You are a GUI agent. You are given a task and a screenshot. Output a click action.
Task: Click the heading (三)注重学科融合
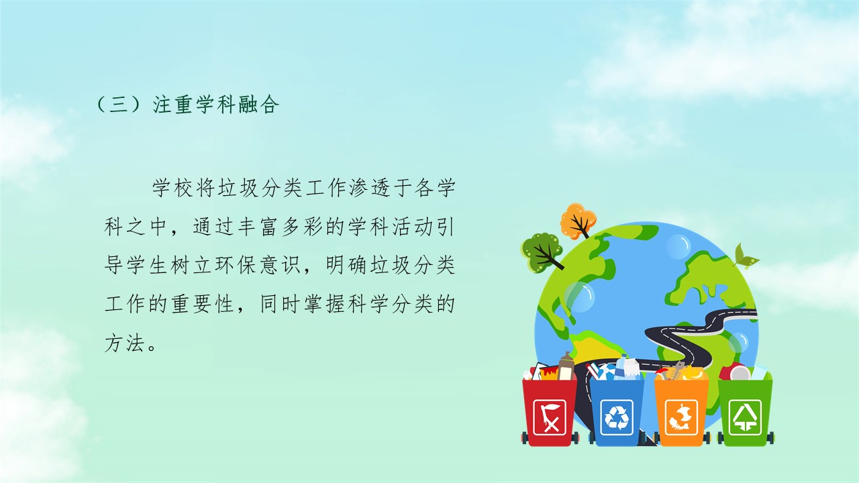187,104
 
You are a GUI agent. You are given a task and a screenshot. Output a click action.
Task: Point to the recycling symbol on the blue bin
617,417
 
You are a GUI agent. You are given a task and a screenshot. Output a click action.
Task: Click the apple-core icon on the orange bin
681,417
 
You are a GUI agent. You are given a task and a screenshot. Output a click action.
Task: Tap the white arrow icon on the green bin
745,417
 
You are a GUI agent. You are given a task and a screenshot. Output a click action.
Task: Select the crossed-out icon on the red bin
550,417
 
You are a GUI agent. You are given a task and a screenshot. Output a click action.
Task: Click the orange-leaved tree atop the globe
578,221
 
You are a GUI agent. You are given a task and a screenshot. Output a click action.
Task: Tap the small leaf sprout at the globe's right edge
745,256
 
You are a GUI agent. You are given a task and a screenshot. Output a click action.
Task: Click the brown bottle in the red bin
566,366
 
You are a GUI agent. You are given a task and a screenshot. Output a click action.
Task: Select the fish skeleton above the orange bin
677,370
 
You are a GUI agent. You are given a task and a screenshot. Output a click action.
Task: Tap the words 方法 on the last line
125,343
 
